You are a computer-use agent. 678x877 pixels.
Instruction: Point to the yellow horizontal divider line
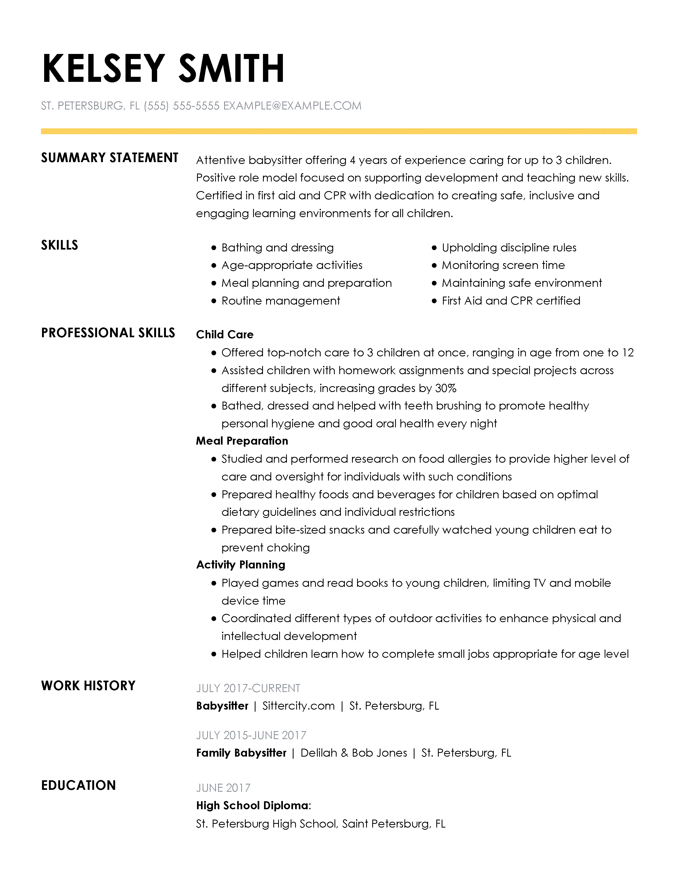pyautogui.click(x=338, y=131)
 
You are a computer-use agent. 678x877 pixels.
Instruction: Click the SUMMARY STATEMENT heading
pyautogui.click(x=109, y=158)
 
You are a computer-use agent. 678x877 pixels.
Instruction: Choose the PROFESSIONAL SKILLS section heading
pyautogui.click(x=108, y=333)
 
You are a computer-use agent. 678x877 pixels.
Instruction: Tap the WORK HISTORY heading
pyautogui.click(x=88, y=685)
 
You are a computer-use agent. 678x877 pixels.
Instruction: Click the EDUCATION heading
pyautogui.click(x=78, y=785)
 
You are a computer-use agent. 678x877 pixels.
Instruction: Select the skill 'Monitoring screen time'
pyautogui.click(x=503, y=265)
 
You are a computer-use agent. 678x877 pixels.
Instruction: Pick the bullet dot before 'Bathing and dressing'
pyautogui.click(x=214, y=248)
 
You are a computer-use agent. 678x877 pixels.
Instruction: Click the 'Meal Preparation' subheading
pyautogui.click(x=242, y=441)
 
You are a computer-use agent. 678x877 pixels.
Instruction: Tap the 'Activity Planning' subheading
pyautogui.click(x=241, y=564)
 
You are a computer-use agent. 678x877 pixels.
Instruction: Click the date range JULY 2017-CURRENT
pyautogui.click(x=248, y=688)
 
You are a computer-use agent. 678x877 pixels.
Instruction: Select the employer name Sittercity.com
pyautogui.click(x=298, y=706)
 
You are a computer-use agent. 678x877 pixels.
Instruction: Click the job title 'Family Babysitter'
pyautogui.click(x=241, y=753)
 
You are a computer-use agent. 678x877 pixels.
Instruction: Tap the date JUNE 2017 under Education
pyautogui.click(x=223, y=788)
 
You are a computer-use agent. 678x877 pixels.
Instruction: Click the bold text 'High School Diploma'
pyautogui.click(x=252, y=806)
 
